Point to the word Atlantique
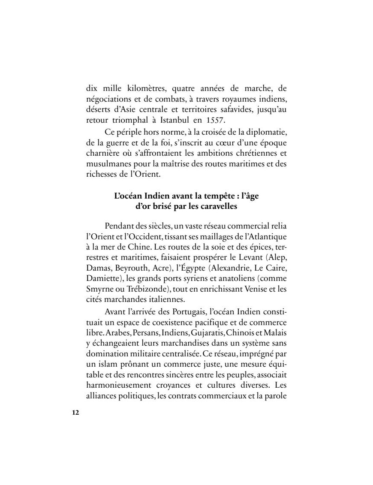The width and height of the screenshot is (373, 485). (x=266, y=236)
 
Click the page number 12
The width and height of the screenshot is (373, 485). (x=75, y=413)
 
